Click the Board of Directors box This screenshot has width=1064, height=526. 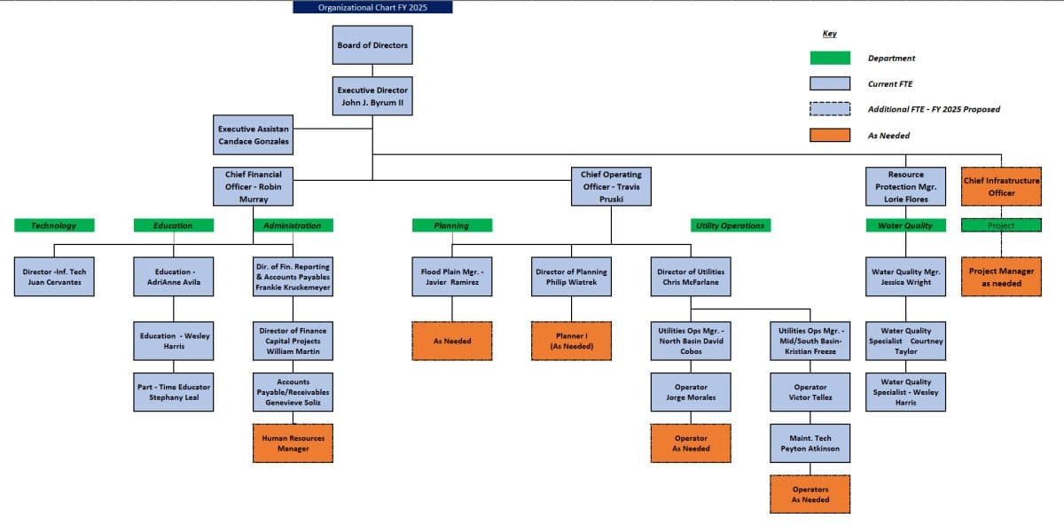[372, 45]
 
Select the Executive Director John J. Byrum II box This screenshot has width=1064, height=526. [372, 96]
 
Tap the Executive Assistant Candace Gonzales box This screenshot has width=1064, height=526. [254, 135]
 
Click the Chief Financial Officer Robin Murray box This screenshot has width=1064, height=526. [254, 186]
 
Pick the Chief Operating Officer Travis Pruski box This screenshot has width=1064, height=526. [611, 186]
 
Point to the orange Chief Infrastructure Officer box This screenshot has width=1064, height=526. [1001, 186]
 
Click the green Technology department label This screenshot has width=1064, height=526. [54, 225]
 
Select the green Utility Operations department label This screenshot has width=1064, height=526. [730, 225]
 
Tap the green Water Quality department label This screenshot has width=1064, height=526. [905, 225]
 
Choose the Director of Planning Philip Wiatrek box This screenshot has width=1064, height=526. [571, 277]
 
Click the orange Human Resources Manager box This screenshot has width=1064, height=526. [293, 444]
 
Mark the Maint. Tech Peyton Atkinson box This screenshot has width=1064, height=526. [810, 444]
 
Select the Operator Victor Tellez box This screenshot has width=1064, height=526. [810, 392]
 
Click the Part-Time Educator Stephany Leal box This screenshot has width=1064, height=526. [174, 392]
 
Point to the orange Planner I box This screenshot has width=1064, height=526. [571, 341]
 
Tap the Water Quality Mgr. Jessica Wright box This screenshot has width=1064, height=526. [905, 277]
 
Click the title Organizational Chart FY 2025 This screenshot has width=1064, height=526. [372, 7]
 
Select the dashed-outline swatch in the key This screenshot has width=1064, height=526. [830, 109]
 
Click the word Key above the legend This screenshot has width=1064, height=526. [829, 34]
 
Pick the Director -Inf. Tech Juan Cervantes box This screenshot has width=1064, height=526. [54, 277]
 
